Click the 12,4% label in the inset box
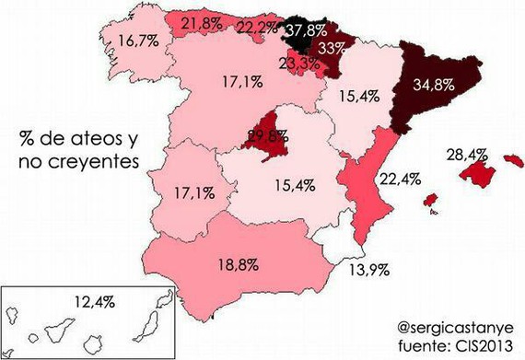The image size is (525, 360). coord(92,302)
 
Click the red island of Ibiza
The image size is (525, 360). coord(429,200)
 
